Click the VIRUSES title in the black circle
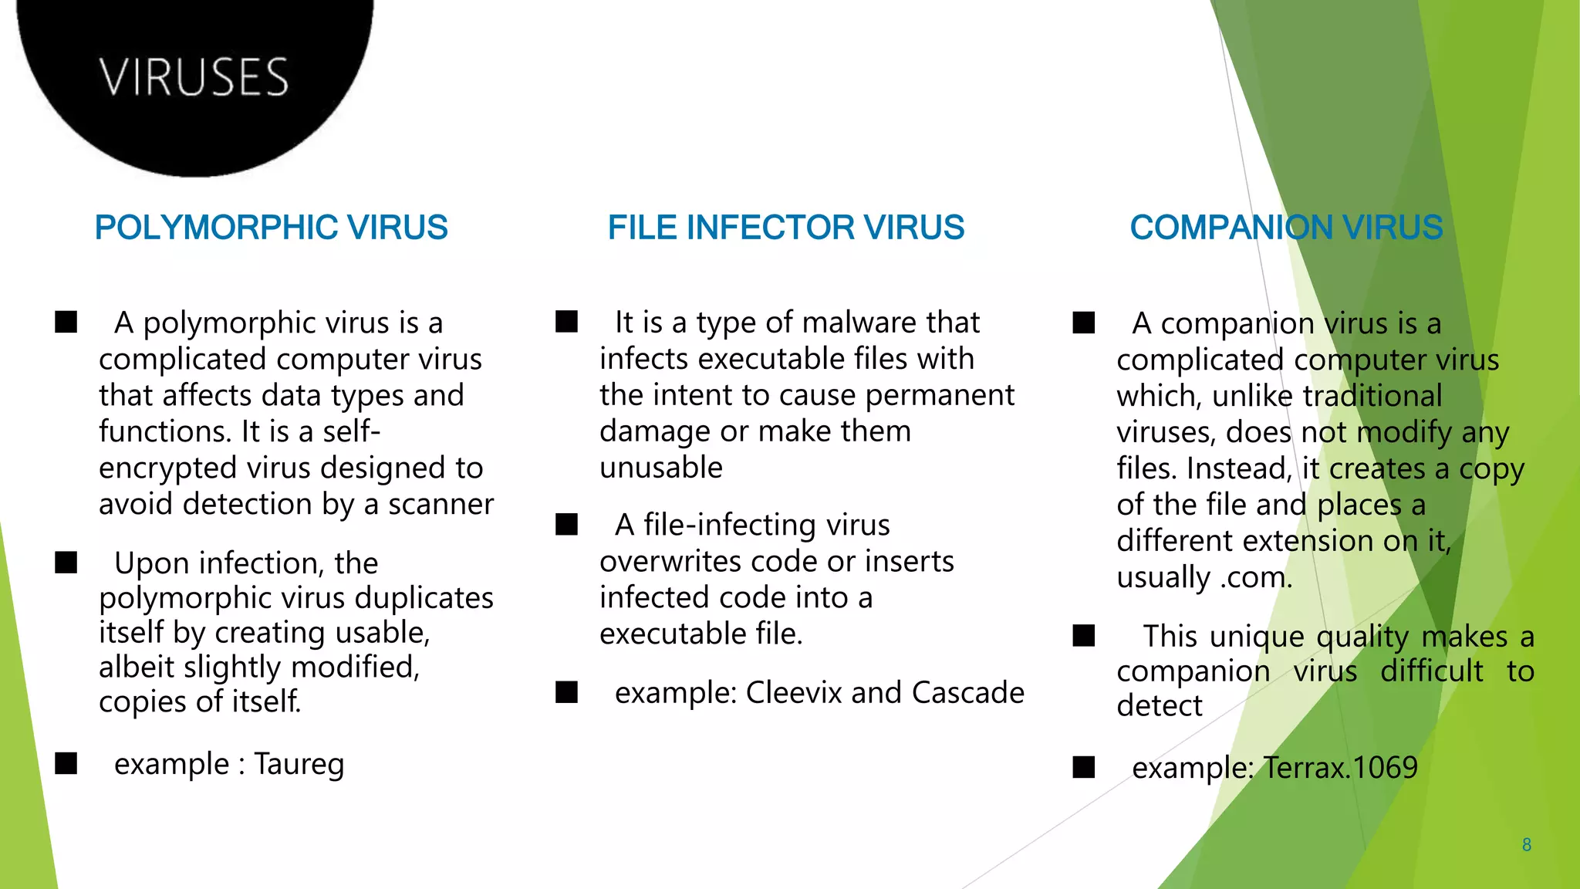click(194, 77)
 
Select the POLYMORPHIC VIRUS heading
click(271, 228)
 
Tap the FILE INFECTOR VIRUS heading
click(785, 228)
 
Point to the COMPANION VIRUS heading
click(1286, 228)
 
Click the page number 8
click(1526, 845)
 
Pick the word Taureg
click(299, 764)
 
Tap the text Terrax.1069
click(1340, 768)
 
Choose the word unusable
click(661, 468)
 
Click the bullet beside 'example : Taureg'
click(66, 763)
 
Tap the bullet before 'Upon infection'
click(66, 563)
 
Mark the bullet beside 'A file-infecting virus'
click(566, 525)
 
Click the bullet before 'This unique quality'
click(1083, 636)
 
